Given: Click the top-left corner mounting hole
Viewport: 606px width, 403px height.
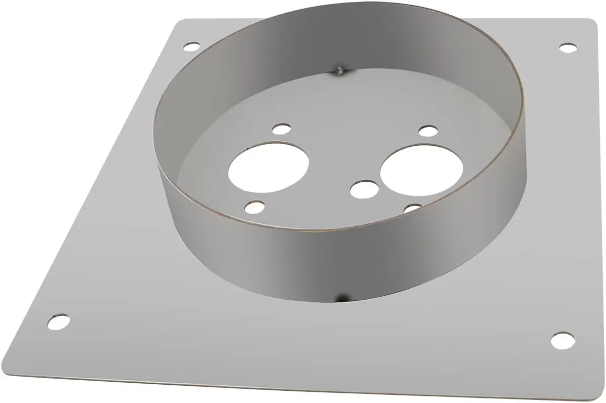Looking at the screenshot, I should (x=191, y=48).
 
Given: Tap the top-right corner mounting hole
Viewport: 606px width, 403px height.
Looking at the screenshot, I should (x=569, y=48).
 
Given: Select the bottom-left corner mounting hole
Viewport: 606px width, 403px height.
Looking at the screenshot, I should (x=59, y=321).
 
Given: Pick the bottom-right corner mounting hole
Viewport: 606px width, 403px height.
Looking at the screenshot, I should (x=562, y=340).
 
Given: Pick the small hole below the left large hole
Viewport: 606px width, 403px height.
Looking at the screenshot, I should (x=254, y=207).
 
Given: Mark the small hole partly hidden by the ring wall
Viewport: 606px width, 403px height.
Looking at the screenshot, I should (x=413, y=208).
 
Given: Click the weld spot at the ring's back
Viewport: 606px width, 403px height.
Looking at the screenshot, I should (x=340, y=70).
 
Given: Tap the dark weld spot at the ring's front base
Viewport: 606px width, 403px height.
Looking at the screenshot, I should (x=343, y=296).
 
